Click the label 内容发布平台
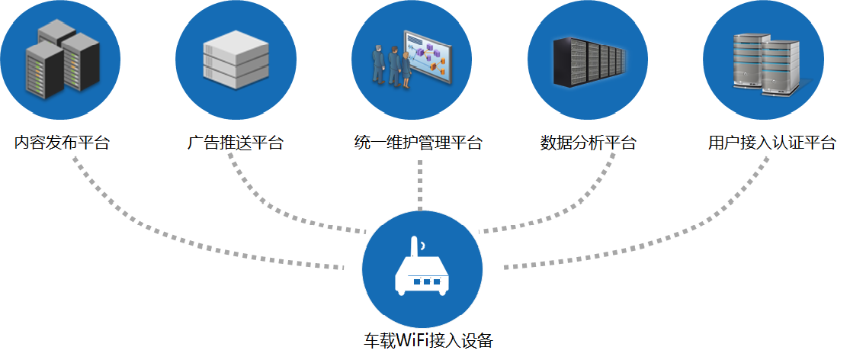[62, 143]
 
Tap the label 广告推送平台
[236, 143]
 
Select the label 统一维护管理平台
[418, 143]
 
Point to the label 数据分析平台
[588, 143]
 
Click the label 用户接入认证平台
[772, 143]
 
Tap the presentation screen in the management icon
[428, 57]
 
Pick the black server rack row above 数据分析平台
[589, 62]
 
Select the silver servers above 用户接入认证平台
[767, 65]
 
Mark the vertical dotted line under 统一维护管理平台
[419, 185]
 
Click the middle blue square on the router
[427, 281]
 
